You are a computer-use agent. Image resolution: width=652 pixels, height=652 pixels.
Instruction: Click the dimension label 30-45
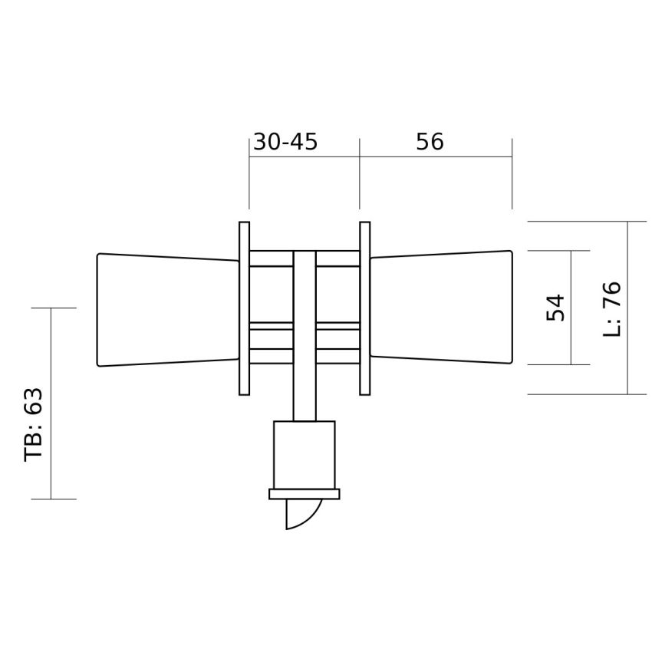coord(285,142)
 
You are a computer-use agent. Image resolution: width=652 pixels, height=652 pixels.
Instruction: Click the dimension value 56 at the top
coord(430,142)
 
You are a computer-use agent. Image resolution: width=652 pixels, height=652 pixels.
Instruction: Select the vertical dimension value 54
coord(556,308)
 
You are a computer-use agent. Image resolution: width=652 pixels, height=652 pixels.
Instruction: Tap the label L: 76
coord(613,309)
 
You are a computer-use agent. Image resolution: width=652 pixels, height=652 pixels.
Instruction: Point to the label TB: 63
coord(34,424)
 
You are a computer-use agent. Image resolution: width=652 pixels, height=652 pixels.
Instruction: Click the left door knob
coord(165,309)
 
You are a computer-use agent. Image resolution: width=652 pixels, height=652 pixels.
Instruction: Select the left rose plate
coord(244,308)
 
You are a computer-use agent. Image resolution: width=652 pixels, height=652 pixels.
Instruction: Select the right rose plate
coord(365,308)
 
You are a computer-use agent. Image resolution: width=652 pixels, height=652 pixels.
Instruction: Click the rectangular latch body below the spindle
coord(305,454)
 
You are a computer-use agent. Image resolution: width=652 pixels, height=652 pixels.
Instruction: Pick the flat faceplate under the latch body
coord(305,494)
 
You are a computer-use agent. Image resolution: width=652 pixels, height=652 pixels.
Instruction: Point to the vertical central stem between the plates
coord(305,338)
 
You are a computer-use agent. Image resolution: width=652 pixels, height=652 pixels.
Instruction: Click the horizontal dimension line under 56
coord(436,157)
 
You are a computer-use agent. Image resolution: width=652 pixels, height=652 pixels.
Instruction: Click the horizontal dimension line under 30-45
coord(305,157)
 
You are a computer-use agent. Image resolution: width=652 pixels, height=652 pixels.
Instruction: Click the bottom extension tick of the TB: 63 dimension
coord(54,499)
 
